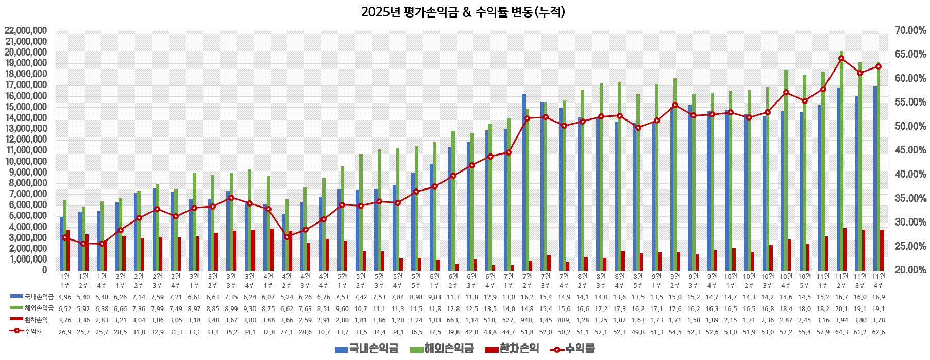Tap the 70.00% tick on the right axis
[910, 31]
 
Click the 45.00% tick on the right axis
[910, 150]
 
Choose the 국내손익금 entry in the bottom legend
[367, 349]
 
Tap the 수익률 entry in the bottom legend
[573, 349]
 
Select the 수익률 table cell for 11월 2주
[841, 332]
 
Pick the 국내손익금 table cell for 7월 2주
[527, 297]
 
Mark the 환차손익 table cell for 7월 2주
[527, 320]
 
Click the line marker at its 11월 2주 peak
[841, 58]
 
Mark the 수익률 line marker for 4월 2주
[287, 237]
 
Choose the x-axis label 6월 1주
[434, 281]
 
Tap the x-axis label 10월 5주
[804, 281]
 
